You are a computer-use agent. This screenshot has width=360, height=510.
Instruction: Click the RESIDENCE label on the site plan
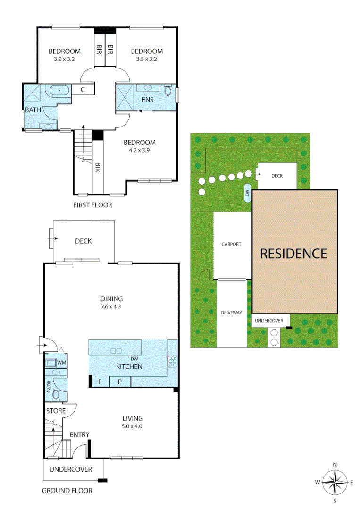tap(293, 254)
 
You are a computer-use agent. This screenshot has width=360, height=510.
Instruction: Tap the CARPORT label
tap(232, 244)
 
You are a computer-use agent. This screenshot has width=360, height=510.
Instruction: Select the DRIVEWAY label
tap(231, 313)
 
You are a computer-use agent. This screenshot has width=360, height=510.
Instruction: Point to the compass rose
tap(335, 482)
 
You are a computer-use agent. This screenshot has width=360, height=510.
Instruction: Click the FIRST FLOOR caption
tap(92, 205)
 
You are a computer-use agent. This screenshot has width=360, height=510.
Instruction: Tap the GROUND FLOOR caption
tap(67, 491)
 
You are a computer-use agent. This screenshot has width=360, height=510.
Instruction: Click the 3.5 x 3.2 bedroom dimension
tap(146, 59)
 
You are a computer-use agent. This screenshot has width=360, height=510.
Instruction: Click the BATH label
tap(33, 110)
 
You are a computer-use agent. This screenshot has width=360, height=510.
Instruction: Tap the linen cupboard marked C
tap(82, 89)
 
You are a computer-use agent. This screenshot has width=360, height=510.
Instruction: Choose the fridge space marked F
tap(100, 382)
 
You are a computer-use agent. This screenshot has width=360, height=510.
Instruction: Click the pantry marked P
tap(120, 382)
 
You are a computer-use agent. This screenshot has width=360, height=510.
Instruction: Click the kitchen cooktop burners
tap(173, 361)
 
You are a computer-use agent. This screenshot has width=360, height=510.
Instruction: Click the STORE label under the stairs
tap(56, 411)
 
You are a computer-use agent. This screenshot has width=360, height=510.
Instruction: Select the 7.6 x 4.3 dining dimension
tap(111, 306)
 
